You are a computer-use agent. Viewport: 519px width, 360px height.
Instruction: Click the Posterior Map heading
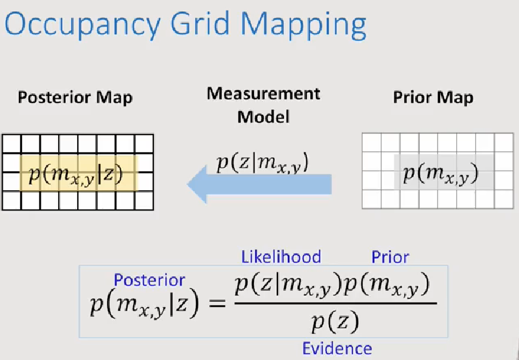75,98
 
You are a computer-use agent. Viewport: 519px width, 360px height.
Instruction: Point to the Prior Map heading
433,98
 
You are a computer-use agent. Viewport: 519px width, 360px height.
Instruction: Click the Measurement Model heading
263,105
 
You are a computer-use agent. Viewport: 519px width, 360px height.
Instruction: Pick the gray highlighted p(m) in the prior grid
441,172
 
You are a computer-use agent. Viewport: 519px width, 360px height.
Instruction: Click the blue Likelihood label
281,257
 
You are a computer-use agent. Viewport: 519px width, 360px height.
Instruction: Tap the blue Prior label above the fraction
390,257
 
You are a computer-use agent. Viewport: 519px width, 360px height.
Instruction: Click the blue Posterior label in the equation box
149,280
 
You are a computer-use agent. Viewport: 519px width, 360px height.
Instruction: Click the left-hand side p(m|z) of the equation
144,305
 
